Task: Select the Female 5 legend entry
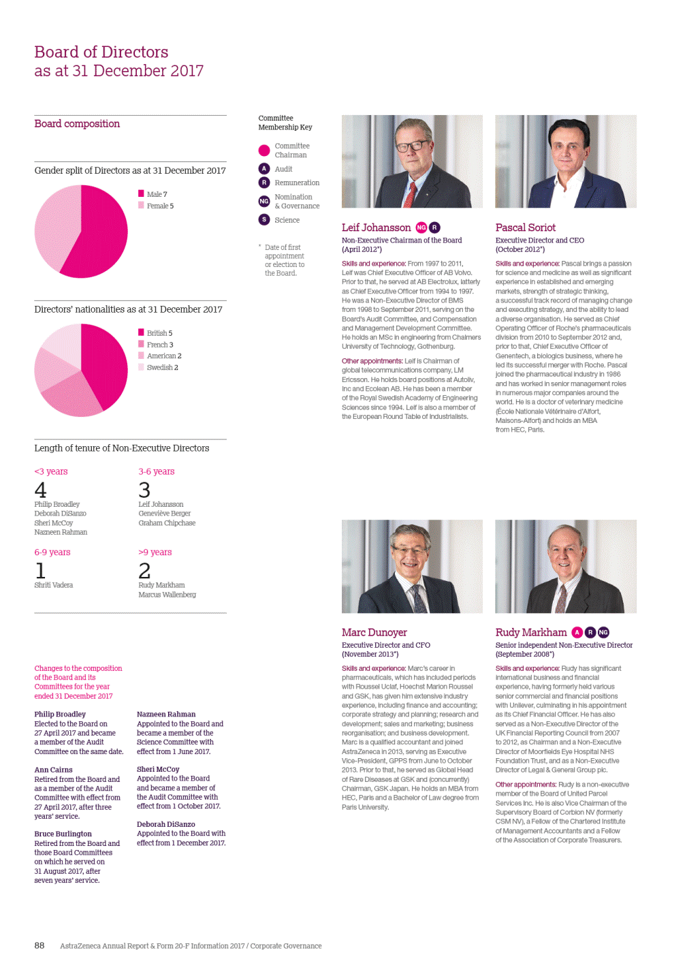click(159, 206)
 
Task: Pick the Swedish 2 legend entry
click(161, 368)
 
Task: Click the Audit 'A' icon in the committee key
click(264, 169)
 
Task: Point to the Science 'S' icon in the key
click(264, 220)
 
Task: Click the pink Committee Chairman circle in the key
click(264, 151)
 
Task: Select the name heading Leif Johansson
click(376, 228)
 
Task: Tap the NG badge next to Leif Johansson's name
click(421, 228)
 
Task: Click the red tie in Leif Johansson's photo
click(412, 195)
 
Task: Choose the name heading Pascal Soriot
click(525, 228)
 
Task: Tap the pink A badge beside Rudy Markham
click(577, 633)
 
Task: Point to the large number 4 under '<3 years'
click(41, 490)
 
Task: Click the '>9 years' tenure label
click(155, 552)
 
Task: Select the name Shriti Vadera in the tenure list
click(54, 585)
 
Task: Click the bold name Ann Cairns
click(53, 770)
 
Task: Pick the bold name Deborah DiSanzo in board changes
click(165, 824)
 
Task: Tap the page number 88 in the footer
click(39, 945)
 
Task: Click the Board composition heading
click(77, 124)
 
